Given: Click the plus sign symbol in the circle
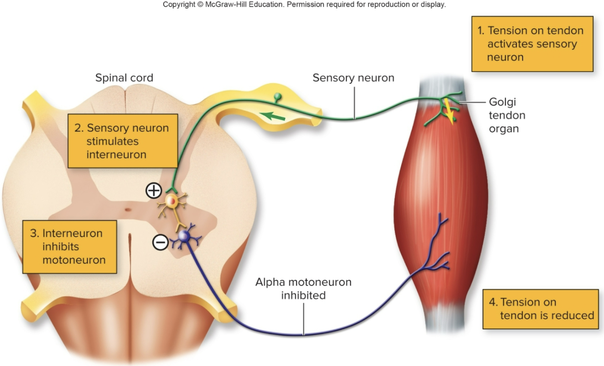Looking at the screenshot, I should [x=153, y=191].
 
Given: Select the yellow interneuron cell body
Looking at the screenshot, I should [x=172, y=201].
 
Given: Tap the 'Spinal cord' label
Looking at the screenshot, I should [x=124, y=78].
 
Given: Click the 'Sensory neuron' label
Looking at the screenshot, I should [x=353, y=78].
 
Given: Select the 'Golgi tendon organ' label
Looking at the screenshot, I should [x=507, y=115].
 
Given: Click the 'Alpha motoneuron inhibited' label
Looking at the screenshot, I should [x=303, y=289].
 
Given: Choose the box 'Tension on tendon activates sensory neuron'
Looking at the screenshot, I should [x=532, y=44].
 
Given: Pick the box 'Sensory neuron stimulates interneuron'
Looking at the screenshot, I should [x=123, y=141].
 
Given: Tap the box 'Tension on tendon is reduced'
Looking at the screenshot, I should [x=540, y=309].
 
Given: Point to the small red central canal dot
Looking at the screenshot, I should [x=127, y=209].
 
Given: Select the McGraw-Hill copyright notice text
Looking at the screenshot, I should [x=304, y=5].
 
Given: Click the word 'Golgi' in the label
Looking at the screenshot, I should [x=503, y=102].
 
